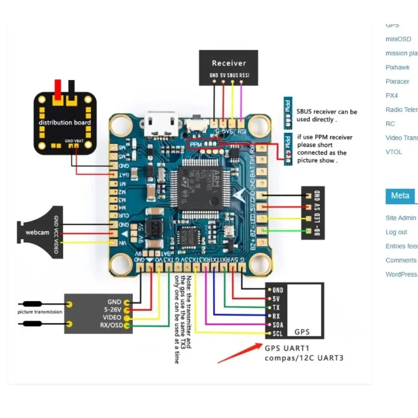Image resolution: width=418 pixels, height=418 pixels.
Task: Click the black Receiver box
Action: coord(228,67)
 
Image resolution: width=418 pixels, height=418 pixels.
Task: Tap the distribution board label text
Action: coord(65,123)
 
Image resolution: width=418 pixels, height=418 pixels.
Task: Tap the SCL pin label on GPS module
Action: coord(277,334)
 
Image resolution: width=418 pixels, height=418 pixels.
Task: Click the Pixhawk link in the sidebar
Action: coord(398,67)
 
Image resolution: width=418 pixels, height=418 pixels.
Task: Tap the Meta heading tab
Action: coord(400,195)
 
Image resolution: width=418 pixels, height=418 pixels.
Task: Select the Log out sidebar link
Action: coord(396,232)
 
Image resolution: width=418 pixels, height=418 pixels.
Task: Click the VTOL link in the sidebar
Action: coord(394,152)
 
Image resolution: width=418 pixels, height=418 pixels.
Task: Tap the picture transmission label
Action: coord(40,312)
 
